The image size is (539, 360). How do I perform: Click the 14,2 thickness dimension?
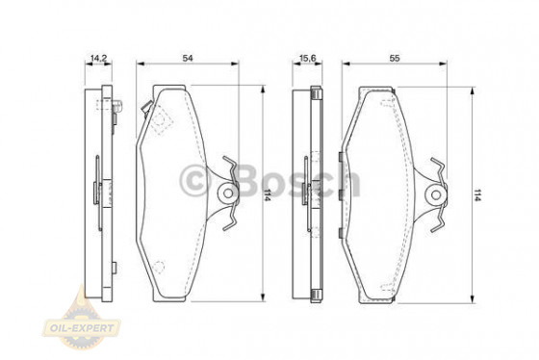pyautogui.click(x=97, y=59)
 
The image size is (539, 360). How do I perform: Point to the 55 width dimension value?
pyautogui.click(x=395, y=59)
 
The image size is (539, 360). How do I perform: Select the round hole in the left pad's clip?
pyautogui.click(x=227, y=193)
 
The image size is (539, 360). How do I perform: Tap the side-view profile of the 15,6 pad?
pyautogui.click(x=310, y=193)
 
